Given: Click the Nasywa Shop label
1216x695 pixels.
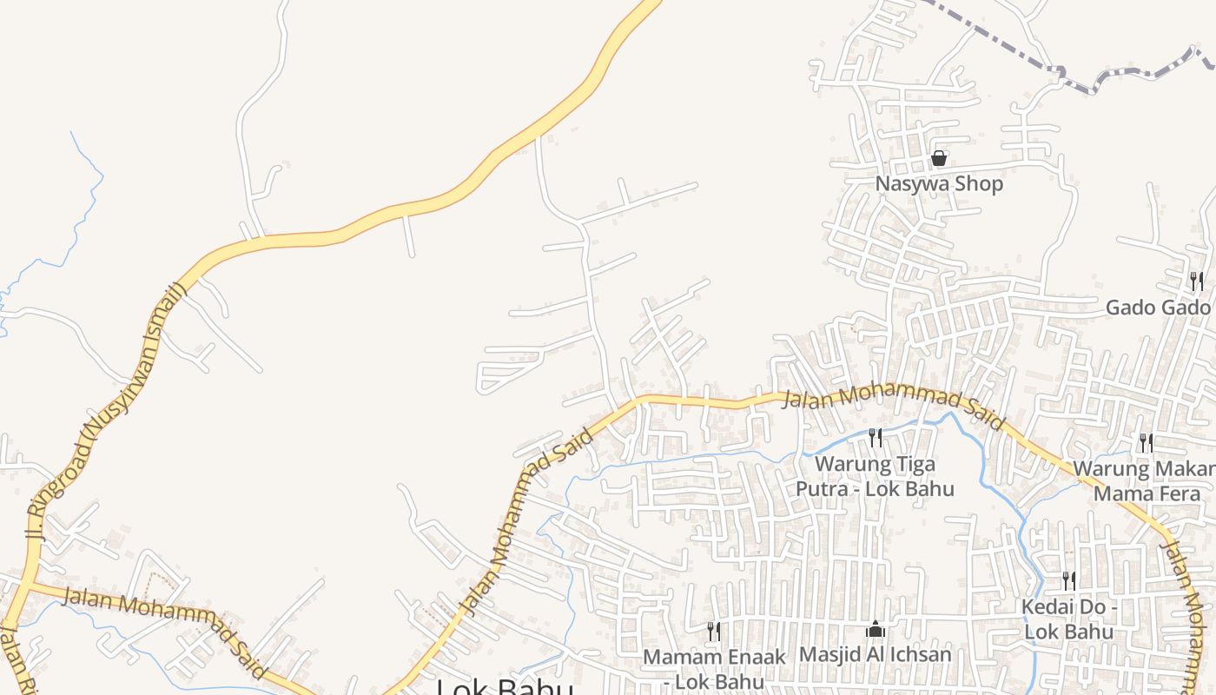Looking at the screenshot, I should [938, 184].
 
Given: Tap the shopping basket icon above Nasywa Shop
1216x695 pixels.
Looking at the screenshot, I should [938, 158].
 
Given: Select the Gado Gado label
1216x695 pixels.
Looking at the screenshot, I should [1157, 308].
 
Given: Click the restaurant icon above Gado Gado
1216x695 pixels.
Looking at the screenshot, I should [1196, 281].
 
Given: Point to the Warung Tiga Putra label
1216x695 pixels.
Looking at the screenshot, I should [875, 476].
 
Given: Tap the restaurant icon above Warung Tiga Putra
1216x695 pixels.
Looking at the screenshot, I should [876, 437].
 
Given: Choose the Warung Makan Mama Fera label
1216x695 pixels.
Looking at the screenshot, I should [1145, 481].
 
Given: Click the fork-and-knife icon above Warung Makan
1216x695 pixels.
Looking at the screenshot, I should [1146, 443].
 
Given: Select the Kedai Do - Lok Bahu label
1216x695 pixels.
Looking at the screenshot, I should [1068, 619].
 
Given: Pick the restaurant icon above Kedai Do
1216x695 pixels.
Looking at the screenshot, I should [1068, 580].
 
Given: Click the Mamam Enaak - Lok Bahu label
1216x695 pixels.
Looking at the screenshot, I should [713, 669].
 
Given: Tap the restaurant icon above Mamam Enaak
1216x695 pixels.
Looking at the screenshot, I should [713, 631].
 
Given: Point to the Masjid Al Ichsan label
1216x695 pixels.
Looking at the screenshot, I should [875, 654].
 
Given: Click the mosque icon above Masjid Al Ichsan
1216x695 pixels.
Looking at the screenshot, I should [876, 629].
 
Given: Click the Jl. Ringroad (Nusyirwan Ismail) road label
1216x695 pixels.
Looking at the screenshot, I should [104, 408].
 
